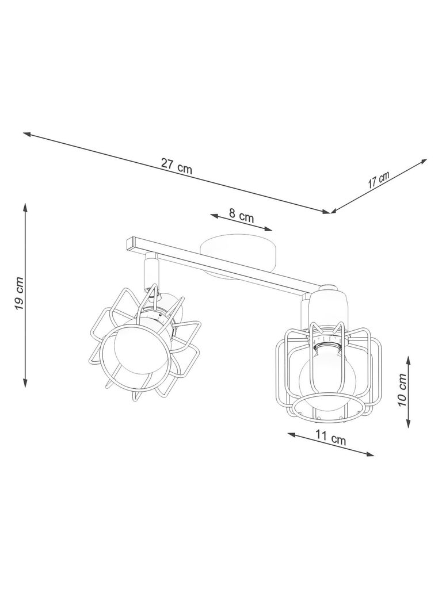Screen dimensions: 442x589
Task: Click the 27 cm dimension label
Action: pyautogui.click(x=176, y=166)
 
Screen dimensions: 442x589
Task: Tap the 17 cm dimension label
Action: pyautogui.click(x=379, y=180)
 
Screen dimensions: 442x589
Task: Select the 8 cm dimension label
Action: pyautogui.click(x=241, y=216)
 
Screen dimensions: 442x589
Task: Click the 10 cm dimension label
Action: pyautogui.click(x=402, y=390)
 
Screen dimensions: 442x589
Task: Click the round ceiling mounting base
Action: pyautogui.click(x=239, y=257)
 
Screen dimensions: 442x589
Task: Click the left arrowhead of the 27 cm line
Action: pyautogui.click(x=26, y=133)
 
